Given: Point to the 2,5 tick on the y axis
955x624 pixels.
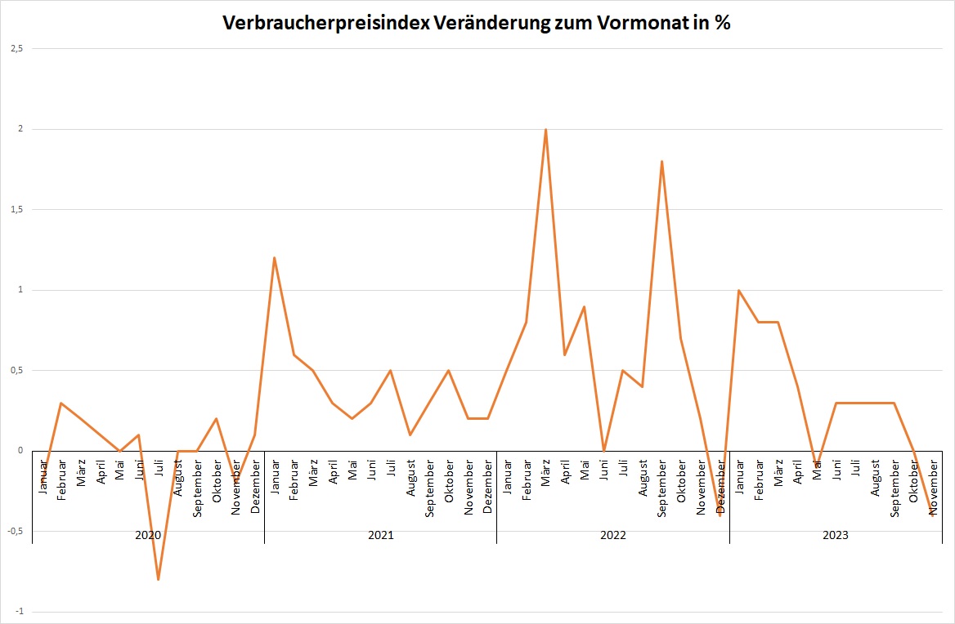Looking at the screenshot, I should (16, 49).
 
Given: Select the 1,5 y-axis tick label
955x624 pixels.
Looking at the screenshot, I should (16, 210).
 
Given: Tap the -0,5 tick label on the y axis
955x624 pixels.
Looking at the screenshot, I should (14, 531).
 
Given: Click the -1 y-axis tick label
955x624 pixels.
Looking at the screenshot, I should (17, 612).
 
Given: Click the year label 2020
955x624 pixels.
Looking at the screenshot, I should (148, 536).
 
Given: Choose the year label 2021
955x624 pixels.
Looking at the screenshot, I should (380, 536).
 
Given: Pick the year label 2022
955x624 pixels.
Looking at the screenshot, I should (612, 536).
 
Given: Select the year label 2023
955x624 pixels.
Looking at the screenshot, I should (836, 536).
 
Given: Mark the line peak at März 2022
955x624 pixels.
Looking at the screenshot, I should (545, 129).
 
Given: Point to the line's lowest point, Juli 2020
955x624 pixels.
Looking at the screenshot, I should (158, 579).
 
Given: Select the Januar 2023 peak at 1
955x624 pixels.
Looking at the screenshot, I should (738, 290).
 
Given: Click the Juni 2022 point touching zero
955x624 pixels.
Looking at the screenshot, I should (603, 450).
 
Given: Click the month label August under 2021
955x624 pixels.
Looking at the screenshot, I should (410, 478).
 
